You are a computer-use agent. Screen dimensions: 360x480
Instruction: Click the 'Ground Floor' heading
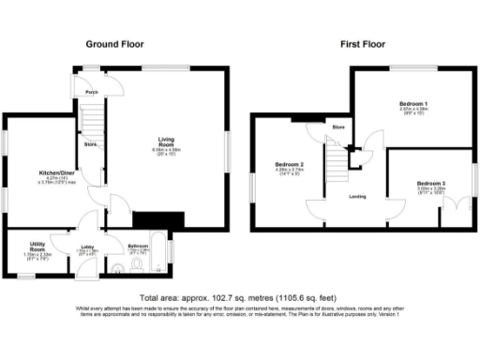pos(114,44)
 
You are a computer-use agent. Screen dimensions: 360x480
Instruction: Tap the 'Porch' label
pos(92,93)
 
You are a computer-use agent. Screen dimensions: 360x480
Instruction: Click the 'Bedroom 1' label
pos(413,102)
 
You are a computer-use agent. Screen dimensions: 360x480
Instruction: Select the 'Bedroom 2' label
pos(289,164)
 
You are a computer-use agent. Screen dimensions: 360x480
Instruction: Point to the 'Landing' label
pos(357,196)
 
